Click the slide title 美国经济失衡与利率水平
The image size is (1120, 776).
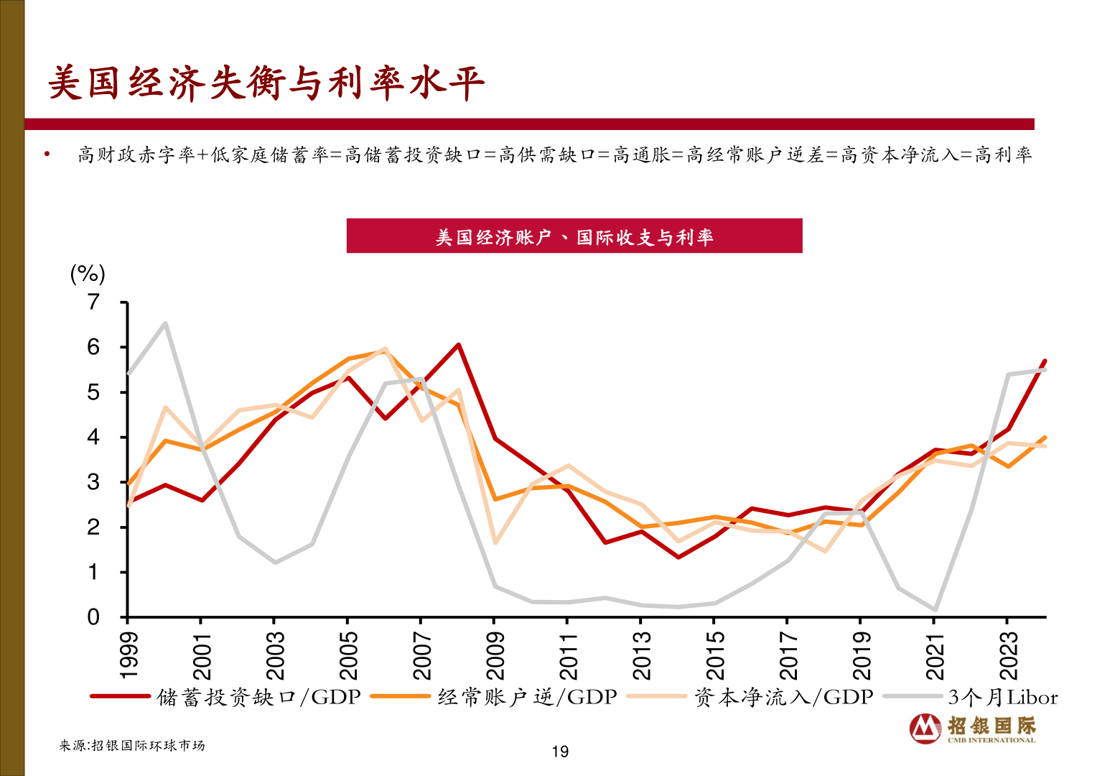[x=266, y=83]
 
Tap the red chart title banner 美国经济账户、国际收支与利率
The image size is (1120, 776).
[x=574, y=236]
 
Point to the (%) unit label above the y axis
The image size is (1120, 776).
[x=88, y=274]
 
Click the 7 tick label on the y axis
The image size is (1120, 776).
[x=93, y=302]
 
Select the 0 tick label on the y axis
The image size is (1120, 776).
[x=93, y=617]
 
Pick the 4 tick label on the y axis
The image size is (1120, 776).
[x=93, y=437]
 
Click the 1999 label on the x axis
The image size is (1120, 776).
[x=129, y=655]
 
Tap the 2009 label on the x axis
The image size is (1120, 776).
[x=495, y=655]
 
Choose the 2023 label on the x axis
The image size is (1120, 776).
[x=1009, y=655]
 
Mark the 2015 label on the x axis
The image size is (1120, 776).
[x=715, y=655]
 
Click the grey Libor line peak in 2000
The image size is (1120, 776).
[x=165, y=323]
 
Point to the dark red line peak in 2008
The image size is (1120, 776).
[x=458, y=345]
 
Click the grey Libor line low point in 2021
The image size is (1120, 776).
[x=935, y=609]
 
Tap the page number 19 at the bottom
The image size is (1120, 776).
[x=560, y=752]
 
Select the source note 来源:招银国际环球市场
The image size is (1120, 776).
[x=132, y=746]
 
